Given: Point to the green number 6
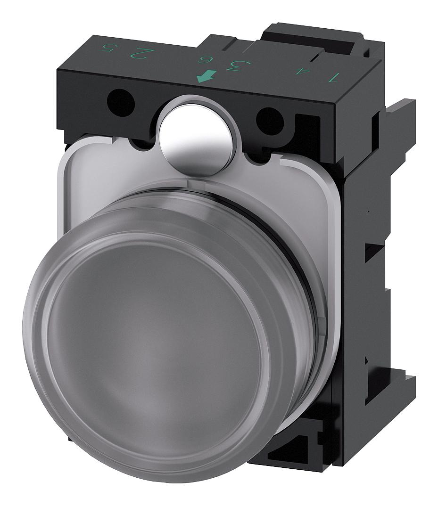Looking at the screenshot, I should tap(205, 60).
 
